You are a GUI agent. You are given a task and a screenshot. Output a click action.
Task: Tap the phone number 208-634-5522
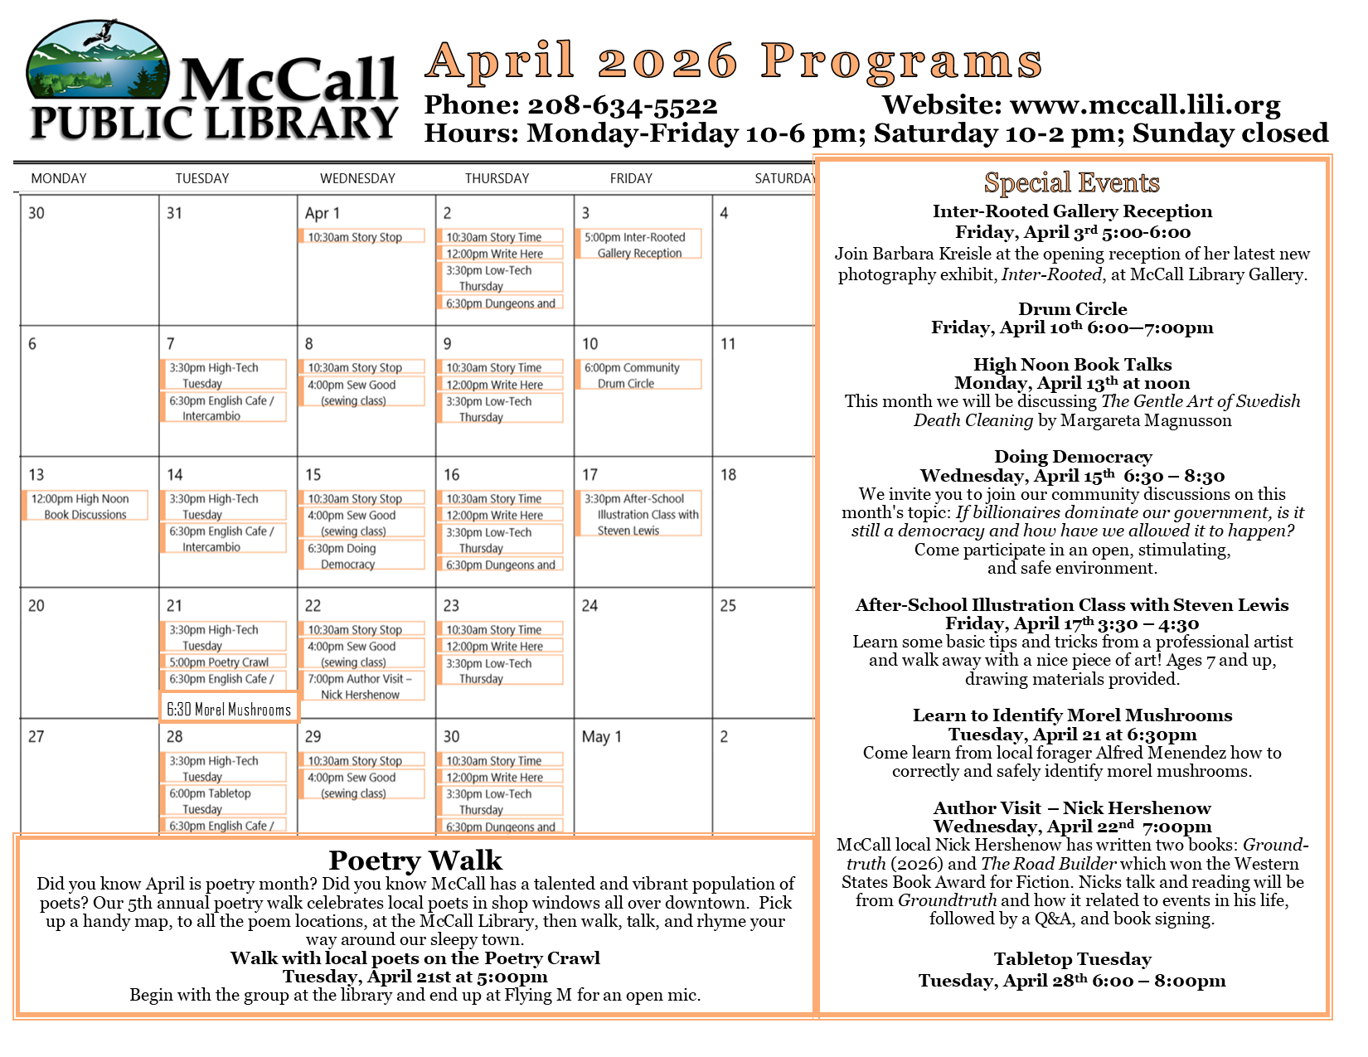[x=622, y=106]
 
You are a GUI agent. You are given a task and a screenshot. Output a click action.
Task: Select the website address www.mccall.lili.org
[x=1145, y=105]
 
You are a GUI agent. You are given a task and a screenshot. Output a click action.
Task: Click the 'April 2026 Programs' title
[x=735, y=61]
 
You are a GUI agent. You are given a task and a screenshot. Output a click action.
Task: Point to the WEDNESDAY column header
[x=357, y=178]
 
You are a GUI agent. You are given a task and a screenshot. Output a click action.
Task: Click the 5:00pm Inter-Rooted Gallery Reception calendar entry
[x=639, y=245]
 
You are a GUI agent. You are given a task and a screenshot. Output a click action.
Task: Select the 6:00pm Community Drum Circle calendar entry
[x=639, y=376]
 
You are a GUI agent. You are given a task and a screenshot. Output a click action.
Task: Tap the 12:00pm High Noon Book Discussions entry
[x=85, y=507]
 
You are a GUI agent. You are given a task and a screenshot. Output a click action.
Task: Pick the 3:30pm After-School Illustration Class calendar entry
[x=639, y=514]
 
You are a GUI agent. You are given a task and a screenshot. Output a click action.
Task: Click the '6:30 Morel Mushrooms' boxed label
[x=229, y=710]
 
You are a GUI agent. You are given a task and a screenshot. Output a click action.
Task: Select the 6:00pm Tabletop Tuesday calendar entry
[x=223, y=801]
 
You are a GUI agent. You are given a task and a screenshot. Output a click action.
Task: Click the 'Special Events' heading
[x=1071, y=182]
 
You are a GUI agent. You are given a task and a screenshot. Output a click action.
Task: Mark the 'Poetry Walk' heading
[x=415, y=861]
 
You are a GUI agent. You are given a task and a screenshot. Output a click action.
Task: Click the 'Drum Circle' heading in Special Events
[x=1072, y=309]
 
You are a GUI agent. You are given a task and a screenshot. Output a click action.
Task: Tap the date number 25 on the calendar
[x=728, y=606]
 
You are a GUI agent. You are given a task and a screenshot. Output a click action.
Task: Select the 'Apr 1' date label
[x=322, y=214]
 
